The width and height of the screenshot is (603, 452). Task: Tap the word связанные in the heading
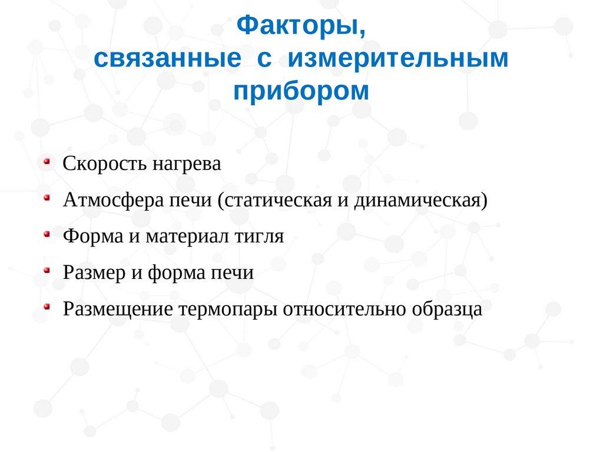pyautogui.click(x=168, y=58)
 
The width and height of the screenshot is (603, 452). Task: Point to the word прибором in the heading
pyautogui.click(x=301, y=92)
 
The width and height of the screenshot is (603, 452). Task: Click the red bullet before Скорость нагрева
pyautogui.click(x=47, y=161)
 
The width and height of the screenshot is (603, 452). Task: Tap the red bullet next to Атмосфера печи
pyautogui.click(x=47, y=198)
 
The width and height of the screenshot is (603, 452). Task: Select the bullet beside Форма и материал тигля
pyautogui.click(x=47, y=234)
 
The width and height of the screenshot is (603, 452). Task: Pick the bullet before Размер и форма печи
pyautogui.click(x=47, y=270)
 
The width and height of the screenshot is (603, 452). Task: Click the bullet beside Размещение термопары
pyautogui.click(x=47, y=307)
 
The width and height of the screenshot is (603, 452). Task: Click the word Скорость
pyautogui.click(x=105, y=164)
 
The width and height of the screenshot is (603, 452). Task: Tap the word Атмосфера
pyautogui.click(x=114, y=200)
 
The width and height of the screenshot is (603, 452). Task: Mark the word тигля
pyautogui.click(x=259, y=237)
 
